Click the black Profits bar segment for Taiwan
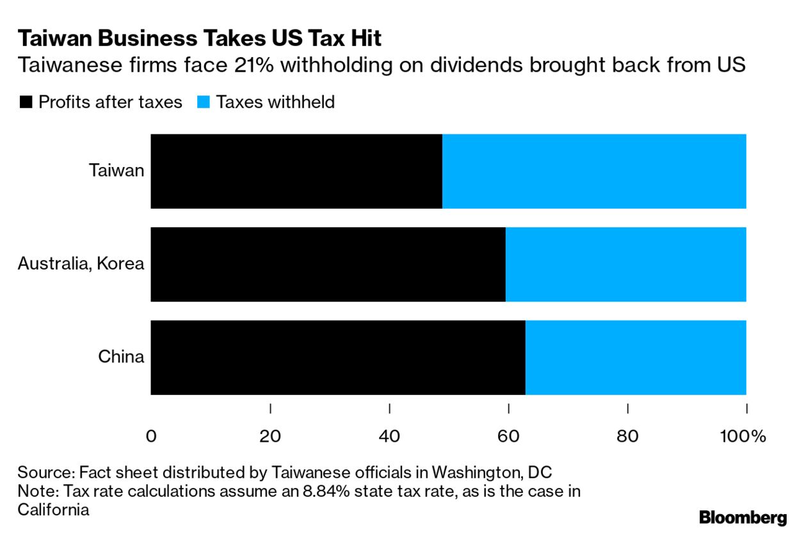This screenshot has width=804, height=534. click(296, 171)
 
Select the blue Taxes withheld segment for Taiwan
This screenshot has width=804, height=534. click(594, 171)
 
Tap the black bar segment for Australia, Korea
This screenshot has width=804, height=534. click(328, 264)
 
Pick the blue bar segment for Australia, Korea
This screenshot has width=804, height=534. click(625, 264)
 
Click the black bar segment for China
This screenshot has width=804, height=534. click(338, 357)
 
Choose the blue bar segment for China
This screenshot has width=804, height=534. click(636, 357)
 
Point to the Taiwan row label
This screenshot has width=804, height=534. click(117, 171)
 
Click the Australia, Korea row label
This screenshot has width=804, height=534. click(81, 264)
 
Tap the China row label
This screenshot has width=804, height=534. click(121, 357)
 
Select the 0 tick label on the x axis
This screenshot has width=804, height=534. click(151, 437)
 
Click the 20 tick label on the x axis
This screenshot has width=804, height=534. click(270, 437)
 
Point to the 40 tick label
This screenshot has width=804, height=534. click(389, 437)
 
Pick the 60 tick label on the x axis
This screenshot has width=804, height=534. click(508, 437)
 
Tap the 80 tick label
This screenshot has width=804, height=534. click(627, 437)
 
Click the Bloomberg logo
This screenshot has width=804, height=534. click(743, 517)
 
